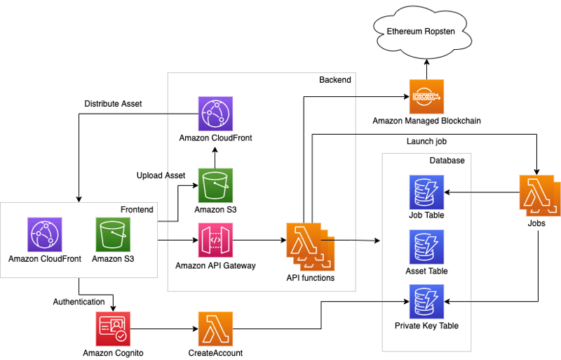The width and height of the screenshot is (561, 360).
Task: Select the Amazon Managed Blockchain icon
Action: (x=426, y=96)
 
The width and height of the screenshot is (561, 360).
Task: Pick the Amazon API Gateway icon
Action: (x=216, y=241)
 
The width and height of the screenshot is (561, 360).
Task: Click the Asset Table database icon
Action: (x=426, y=246)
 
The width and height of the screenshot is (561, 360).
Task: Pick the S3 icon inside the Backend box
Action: (x=216, y=185)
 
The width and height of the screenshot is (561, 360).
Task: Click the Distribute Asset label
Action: (x=113, y=104)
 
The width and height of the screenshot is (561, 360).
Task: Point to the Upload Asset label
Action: (x=161, y=175)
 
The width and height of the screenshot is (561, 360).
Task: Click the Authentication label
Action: (x=79, y=302)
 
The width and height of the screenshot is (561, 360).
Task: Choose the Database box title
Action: (x=447, y=161)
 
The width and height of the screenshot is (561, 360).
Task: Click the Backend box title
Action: (x=334, y=80)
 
